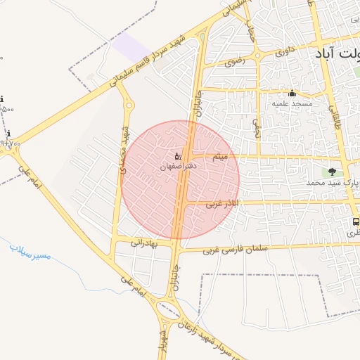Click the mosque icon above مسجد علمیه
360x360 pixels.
[x=292, y=94]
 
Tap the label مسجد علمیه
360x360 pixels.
[x=292, y=103]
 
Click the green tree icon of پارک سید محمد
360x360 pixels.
[x=332, y=172]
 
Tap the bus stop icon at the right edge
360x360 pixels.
[x=354, y=221]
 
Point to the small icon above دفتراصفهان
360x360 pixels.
[x=177, y=155]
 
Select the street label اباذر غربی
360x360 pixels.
[x=223, y=203]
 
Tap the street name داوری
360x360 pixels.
[x=285, y=51]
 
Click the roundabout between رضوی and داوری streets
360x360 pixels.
[x=258, y=56]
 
